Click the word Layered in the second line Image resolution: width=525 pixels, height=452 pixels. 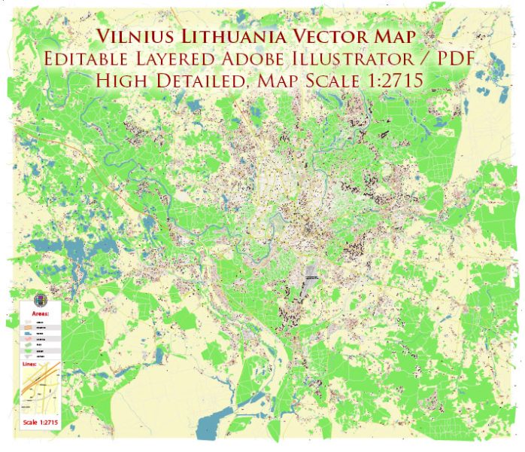click(x=171, y=60)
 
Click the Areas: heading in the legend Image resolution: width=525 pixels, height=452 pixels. click(x=40, y=311)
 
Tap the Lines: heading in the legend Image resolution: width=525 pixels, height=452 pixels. click(x=30, y=365)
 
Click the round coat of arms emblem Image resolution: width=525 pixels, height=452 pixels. click(x=40, y=298)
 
